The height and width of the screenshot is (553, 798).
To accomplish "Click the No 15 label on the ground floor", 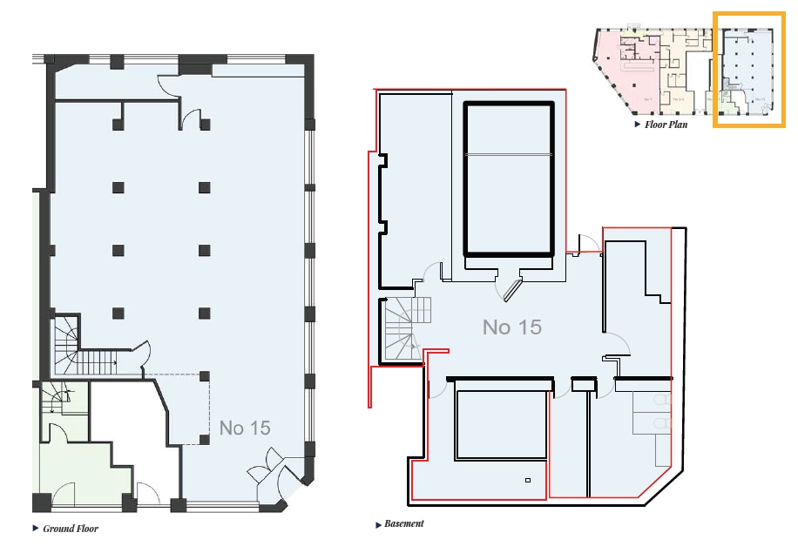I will [x=245, y=428].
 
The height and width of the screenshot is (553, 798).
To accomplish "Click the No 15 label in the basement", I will [x=512, y=327].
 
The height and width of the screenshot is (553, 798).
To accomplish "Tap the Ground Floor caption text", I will [x=71, y=529].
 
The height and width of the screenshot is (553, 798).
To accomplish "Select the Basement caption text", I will [x=404, y=524].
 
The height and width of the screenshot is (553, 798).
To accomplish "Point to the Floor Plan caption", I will [x=666, y=125].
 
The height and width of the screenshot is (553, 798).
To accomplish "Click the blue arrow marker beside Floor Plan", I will [x=639, y=125].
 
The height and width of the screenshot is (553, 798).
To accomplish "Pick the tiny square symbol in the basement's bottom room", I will [x=528, y=480].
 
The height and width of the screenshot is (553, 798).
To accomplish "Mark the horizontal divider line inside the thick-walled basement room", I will [x=509, y=154].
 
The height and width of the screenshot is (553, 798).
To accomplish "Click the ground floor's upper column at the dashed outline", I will [x=204, y=376].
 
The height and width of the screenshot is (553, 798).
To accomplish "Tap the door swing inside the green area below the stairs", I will [x=54, y=434].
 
